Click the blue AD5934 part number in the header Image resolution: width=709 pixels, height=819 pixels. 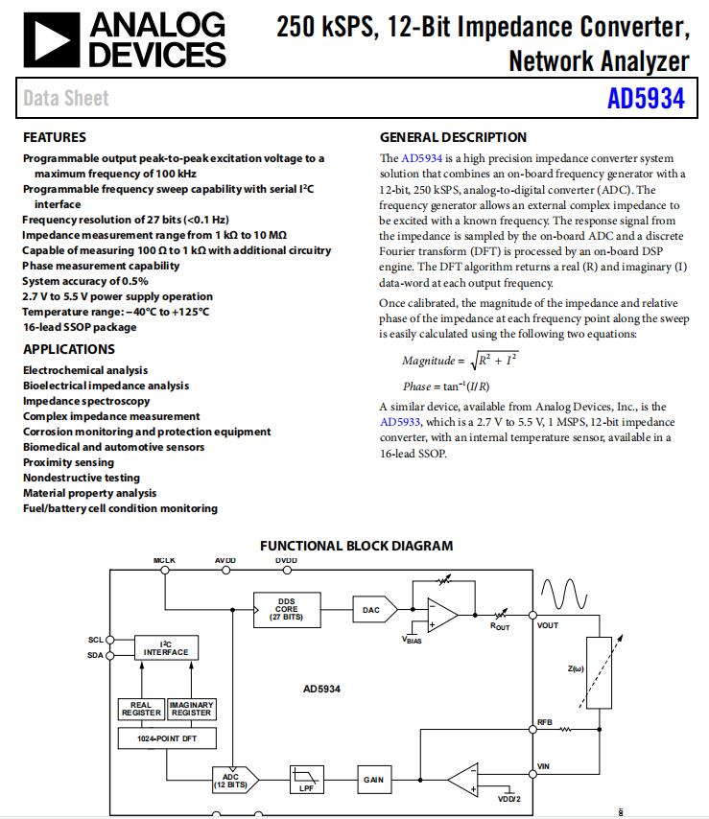click(646, 99)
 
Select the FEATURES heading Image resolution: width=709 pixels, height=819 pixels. click(54, 137)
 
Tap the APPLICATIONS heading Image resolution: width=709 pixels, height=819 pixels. click(68, 349)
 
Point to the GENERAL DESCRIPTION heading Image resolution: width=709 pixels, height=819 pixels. click(453, 137)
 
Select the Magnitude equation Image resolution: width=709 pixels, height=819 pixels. click(460, 361)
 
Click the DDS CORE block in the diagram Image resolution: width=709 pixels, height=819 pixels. click(286, 609)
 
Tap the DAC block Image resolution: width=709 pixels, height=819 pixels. click(371, 609)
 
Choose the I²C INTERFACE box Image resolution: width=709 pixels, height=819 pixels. click(166, 648)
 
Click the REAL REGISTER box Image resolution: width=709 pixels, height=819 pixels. click(140, 710)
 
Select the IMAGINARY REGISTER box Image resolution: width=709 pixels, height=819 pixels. click(191, 710)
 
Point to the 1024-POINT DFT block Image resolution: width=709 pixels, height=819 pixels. click(166, 738)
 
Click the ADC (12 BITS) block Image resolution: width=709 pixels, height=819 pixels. click(231, 780)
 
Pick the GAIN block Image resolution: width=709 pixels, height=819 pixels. click(373, 780)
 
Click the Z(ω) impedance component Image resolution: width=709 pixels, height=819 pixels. click(598, 671)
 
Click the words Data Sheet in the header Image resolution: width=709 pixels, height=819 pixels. click(65, 98)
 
